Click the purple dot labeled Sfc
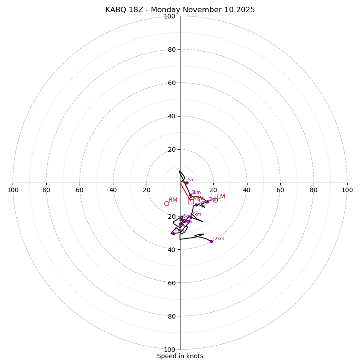187,183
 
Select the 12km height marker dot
211,241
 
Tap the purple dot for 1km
190,195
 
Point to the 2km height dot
207,202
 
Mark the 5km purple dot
173,234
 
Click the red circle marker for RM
166,203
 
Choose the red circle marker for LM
215,200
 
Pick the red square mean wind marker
191,202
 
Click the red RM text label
173,200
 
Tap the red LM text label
221,197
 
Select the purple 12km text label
218,239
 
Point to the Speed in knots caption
180,356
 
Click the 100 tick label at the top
170,16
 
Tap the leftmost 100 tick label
13,190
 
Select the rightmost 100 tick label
347,190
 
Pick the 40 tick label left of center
113,190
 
